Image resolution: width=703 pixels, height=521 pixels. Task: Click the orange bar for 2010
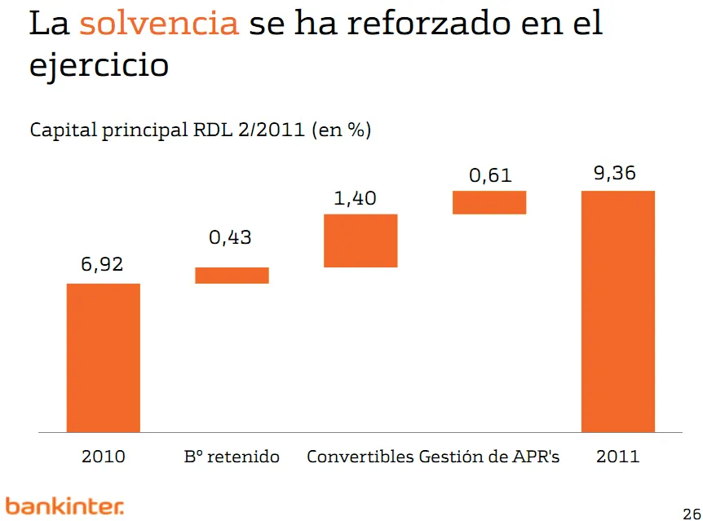(103, 357)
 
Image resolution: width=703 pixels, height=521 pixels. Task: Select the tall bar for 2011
(617, 310)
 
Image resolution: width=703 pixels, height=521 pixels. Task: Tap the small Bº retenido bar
(232, 276)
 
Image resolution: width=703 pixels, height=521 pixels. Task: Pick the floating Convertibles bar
(360, 241)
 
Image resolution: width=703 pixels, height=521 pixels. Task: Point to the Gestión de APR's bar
(489, 202)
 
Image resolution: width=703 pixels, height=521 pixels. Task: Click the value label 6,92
(102, 265)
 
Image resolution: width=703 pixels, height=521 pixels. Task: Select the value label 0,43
(231, 238)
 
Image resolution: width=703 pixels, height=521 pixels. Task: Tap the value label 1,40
(356, 198)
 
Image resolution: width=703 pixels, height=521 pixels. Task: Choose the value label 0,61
(489, 174)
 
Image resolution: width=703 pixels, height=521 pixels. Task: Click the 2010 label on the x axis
(104, 457)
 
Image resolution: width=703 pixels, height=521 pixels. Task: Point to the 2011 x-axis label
(617, 457)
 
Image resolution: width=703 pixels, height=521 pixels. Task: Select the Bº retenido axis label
(232, 457)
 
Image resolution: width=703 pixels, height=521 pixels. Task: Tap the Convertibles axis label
(360, 457)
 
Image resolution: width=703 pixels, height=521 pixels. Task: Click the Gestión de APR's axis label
(489, 457)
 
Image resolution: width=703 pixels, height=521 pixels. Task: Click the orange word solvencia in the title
(159, 24)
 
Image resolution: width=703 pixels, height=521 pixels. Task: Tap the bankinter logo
(64, 506)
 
